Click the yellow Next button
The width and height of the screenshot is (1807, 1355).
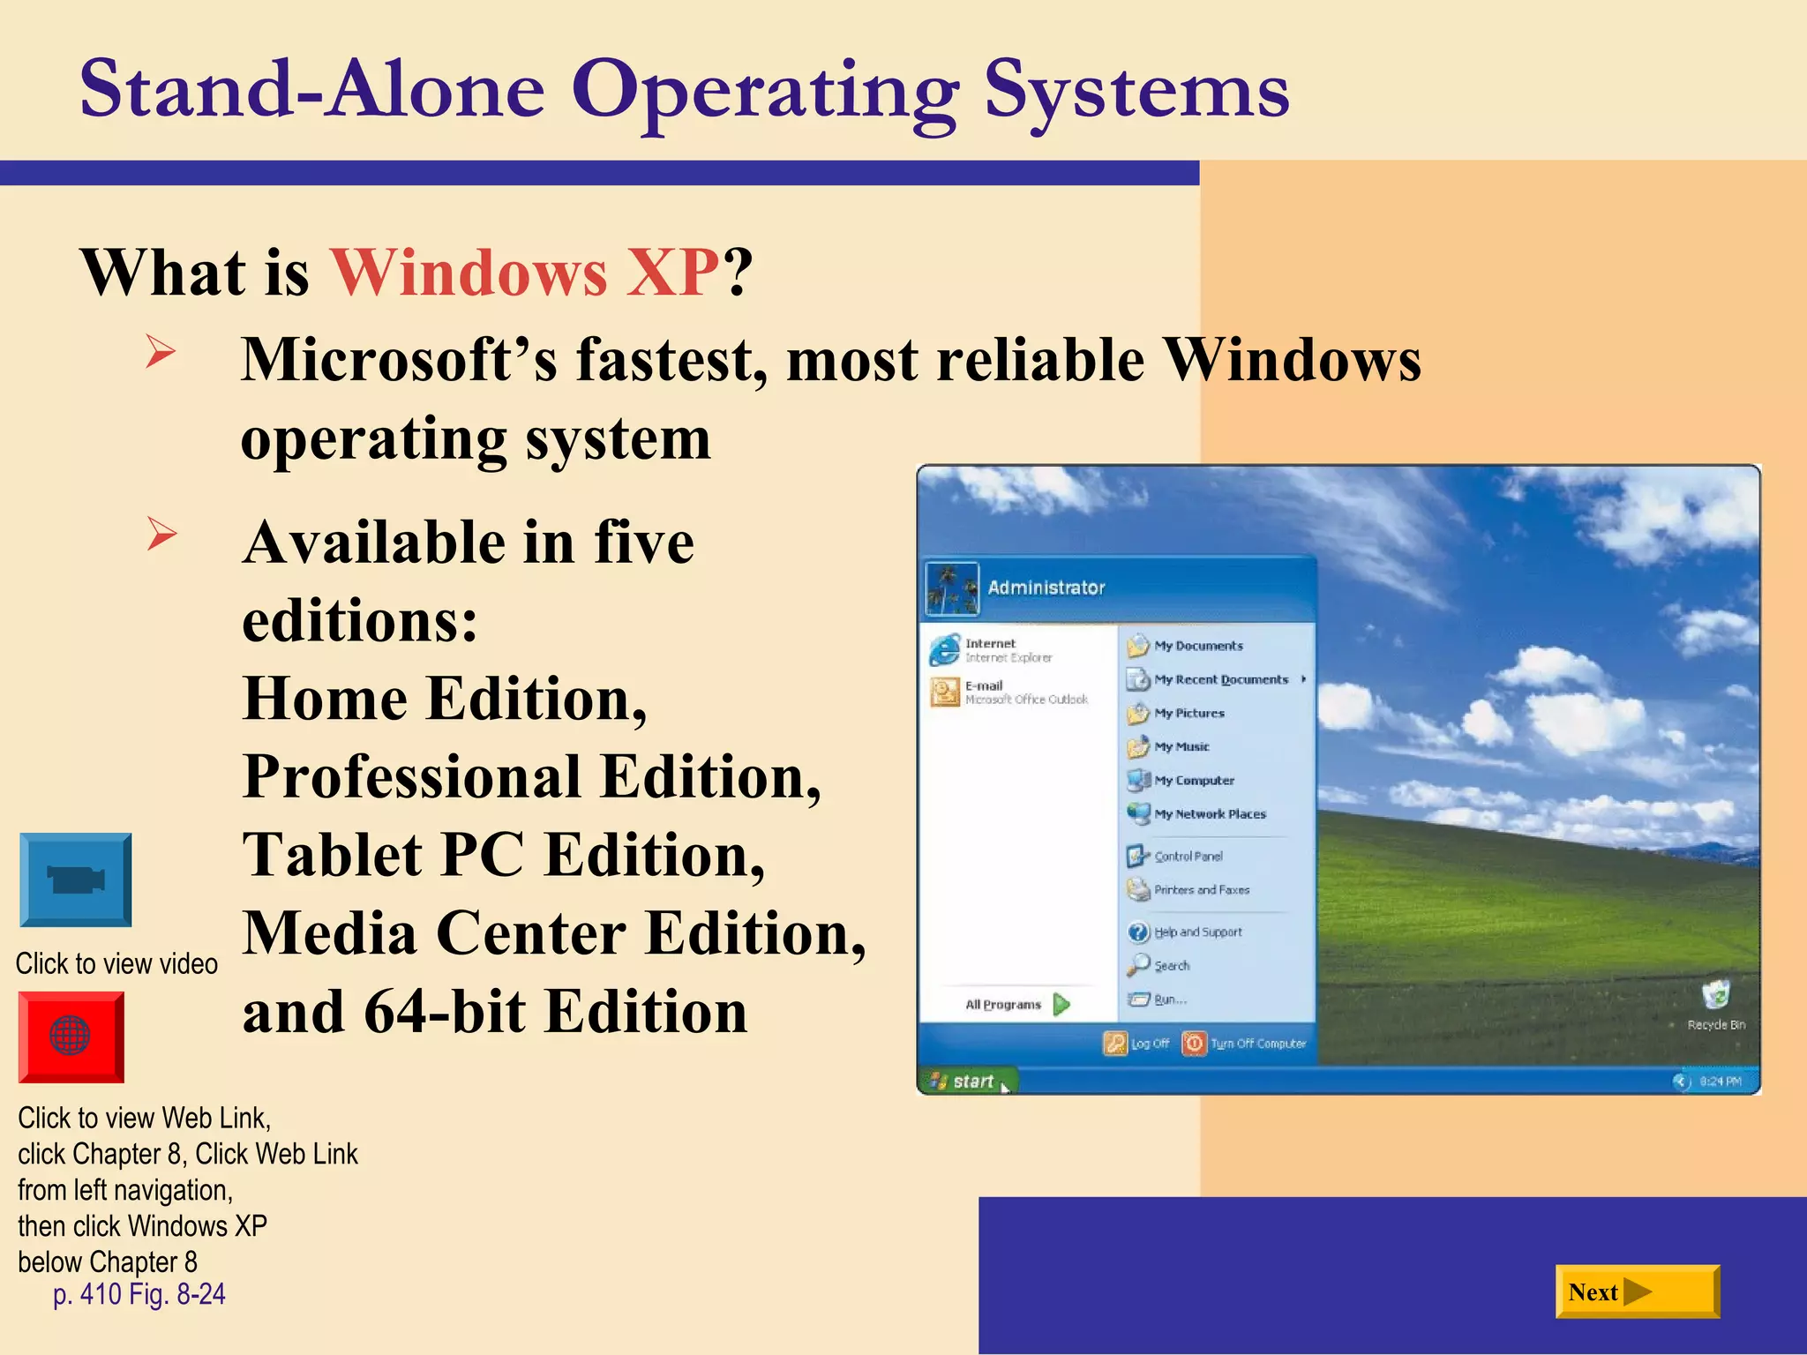1637,1292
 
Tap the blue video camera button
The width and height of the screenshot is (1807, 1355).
76,880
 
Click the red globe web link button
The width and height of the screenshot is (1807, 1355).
71,1037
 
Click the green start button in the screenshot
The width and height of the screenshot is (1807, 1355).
966,1081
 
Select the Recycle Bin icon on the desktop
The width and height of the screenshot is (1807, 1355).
1715,998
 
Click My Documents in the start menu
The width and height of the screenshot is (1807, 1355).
1197,646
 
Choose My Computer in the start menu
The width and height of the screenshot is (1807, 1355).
1193,781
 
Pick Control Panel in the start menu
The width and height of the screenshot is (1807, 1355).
1188,856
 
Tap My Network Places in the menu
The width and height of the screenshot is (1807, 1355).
1209,814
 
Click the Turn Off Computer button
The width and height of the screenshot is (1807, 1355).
1245,1044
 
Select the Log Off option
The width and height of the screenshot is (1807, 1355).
1137,1044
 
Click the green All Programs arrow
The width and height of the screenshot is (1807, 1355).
1061,1004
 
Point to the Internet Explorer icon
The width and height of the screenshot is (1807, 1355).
945,650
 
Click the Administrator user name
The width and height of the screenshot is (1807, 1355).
1046,588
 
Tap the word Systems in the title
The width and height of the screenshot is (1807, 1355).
1136,90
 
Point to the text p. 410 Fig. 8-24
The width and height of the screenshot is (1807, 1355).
139,1294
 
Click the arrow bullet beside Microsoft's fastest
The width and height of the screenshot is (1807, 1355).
161,353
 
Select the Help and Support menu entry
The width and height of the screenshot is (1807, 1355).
1197,932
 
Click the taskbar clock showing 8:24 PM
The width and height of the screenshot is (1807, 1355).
1720,1081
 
